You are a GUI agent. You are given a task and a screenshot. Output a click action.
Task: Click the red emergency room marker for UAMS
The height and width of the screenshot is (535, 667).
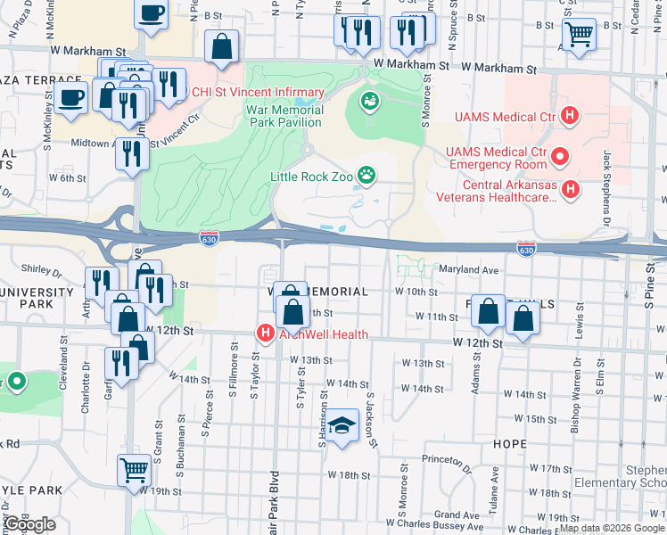[560, 157]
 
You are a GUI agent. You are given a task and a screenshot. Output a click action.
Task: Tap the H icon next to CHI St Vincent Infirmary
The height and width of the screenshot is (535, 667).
[185, 91]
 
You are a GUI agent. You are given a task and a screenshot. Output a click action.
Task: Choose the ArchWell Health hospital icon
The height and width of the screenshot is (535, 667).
[264, 334]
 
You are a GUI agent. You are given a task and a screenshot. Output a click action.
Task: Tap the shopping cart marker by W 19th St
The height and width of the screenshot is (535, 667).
[134, 468]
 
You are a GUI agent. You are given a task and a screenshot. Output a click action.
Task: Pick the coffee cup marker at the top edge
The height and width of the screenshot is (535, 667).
[151, 12]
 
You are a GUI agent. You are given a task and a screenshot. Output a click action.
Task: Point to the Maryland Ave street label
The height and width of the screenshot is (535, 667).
[465, 270]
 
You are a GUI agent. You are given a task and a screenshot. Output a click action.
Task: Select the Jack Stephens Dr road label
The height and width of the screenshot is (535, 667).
[607, 187]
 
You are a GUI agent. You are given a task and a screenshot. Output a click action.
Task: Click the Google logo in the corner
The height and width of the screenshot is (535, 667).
[30, 524]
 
